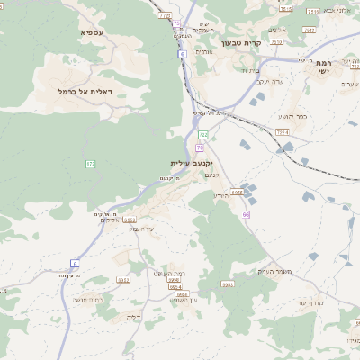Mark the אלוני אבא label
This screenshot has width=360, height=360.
334,10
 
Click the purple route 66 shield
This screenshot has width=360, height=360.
245,214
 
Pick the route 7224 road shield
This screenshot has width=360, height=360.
282,132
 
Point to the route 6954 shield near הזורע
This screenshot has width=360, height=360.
237,192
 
